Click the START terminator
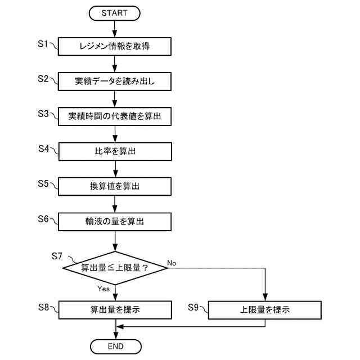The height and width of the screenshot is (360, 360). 115,12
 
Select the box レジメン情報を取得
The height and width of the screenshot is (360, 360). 115,47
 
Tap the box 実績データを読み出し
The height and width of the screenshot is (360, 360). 115,82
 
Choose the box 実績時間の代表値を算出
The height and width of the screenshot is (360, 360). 115,116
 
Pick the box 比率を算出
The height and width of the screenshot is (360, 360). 115,151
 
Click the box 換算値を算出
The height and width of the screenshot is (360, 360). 115,186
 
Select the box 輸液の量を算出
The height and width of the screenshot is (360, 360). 115,220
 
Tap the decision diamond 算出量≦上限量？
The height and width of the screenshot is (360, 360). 115,267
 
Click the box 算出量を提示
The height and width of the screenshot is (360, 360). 115,309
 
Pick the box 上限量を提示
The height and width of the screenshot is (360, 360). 264,309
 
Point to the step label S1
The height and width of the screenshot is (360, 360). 44,43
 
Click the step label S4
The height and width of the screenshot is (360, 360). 44,148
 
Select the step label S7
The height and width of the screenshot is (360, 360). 57,256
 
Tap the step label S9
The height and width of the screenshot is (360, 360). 194,307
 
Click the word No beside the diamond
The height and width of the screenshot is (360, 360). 172,262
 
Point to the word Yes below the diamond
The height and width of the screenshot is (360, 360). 103,288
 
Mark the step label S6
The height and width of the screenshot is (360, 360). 44,218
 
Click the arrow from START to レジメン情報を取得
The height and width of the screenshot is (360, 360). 115,29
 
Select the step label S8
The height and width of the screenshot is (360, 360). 44,307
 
